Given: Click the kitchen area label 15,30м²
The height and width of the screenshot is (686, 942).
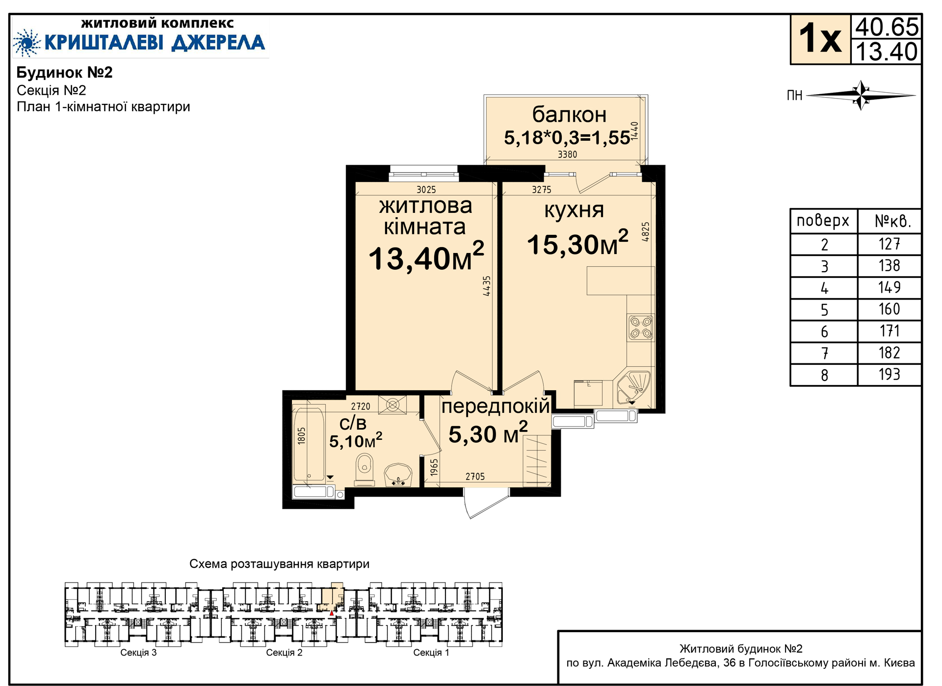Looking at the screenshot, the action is [x=577, y=243].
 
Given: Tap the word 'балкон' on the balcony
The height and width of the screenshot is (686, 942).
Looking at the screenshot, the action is [x=569, y=115].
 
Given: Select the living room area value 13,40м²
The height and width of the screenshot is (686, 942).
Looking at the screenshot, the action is [x=426, y=257].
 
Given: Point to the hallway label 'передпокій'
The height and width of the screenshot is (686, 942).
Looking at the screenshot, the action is [x=496, y=407].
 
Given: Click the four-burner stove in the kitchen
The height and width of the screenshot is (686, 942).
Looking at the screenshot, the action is [x=641, y=328].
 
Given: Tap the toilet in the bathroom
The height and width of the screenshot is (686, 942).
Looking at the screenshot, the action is [x=364, y=469].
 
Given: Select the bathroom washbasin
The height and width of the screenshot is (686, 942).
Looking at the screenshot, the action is [x=398, y=475].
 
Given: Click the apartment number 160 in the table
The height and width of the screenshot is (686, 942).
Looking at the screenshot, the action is [x=889, y=309].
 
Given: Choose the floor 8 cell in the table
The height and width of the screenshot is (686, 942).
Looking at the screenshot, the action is [x=824, y=375].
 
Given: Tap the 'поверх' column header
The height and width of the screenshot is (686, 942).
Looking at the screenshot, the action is [x=823, y=221].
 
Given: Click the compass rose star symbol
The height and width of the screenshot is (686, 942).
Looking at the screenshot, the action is [x=861, y=95].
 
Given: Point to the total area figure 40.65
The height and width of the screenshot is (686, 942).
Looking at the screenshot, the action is [x=887, y=27].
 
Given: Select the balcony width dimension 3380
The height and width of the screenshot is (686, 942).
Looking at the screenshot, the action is [x=567, y=154].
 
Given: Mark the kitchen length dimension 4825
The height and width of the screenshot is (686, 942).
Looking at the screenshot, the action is [x=646, y=231].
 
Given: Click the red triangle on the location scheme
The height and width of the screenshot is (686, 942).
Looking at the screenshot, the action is [x=332, y=613].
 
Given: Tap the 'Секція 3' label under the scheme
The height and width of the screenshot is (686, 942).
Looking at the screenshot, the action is [x=138, y=653].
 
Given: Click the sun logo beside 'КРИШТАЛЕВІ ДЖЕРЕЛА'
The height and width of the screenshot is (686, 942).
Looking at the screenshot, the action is [x=27, y=43].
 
